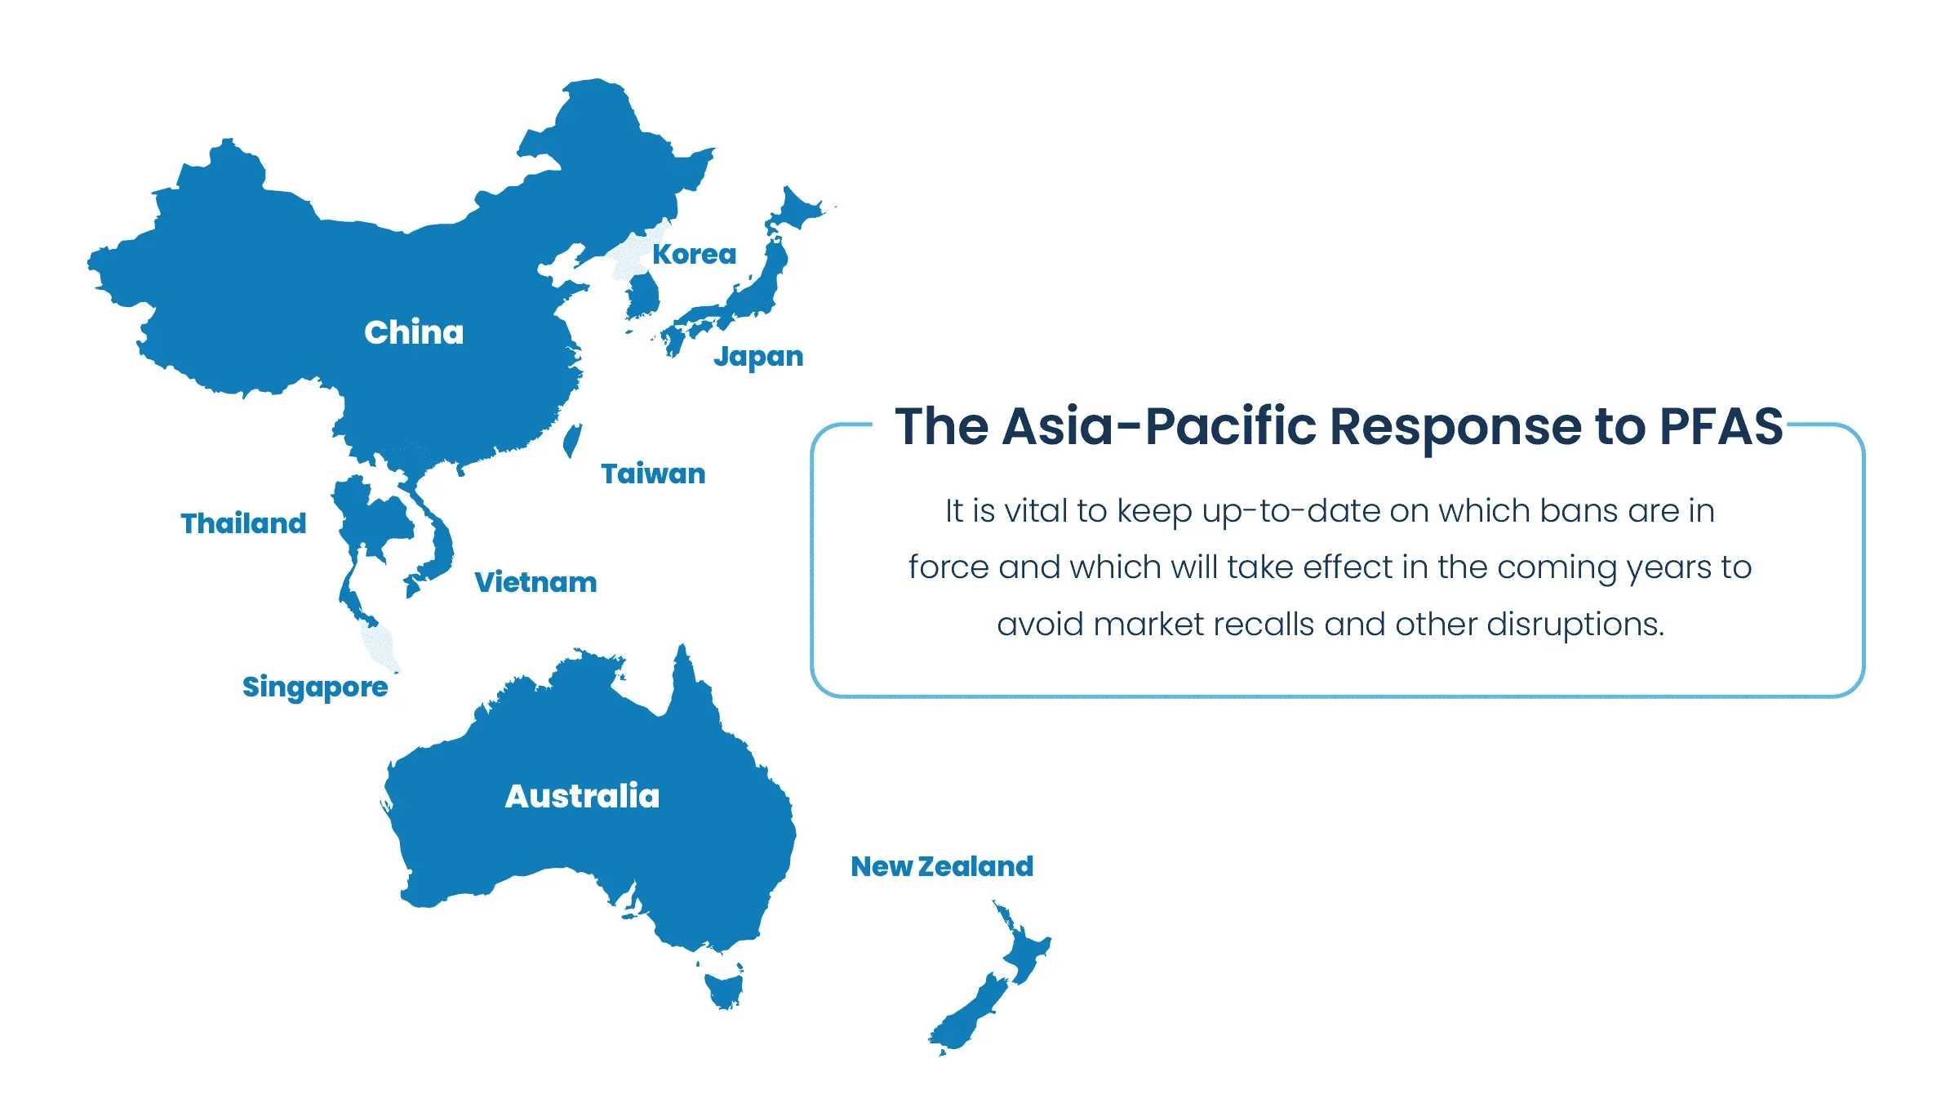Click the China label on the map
414,333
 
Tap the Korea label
694,255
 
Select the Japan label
758,357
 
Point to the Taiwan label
653,474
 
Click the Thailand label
243,523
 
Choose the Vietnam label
535,582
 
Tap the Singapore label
315,687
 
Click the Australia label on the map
582,796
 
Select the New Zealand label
942,866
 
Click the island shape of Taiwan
572,440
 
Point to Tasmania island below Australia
724,989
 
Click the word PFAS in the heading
1721,426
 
